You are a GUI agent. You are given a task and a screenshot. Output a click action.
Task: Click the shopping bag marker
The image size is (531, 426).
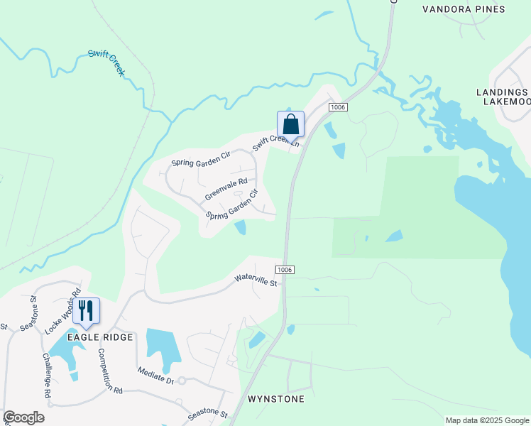290,124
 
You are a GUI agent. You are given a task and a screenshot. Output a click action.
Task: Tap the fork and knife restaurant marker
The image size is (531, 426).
86,311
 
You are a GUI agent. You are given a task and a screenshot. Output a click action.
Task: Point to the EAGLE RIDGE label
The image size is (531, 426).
100,337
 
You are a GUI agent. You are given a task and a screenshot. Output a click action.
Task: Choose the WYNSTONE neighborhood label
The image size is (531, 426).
276,399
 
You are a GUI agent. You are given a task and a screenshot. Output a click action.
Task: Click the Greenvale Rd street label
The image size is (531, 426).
226,188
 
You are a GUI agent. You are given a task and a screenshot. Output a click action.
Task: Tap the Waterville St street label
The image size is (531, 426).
256,280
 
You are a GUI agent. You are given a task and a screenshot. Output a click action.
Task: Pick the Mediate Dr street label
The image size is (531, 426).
156,375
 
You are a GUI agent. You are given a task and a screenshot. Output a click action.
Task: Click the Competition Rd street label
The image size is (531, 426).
110,371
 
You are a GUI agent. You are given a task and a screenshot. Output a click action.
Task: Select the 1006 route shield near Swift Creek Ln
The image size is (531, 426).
338,106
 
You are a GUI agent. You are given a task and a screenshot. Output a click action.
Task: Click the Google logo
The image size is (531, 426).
23,417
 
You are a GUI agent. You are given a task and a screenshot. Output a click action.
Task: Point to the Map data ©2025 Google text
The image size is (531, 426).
487,420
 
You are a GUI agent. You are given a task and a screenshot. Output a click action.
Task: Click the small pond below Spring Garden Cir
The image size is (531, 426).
240,227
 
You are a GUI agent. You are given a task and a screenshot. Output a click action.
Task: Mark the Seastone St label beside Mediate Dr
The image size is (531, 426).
207,413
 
